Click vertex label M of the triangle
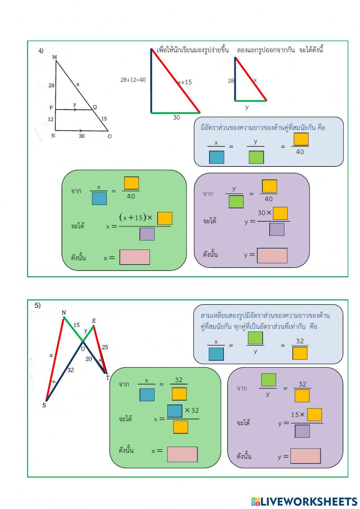(54, 57)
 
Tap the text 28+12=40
(133, 80)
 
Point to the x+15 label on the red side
(185, 82)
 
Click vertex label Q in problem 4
(95, 107)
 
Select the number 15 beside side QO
(104, 119)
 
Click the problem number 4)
(41, 51)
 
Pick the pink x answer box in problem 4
(135, 257)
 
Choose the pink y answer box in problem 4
(272, 255)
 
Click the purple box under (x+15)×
(147, 234)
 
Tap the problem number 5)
(37, 305)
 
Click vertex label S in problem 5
(44, 405)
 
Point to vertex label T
(107, 378)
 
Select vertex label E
(94, 321)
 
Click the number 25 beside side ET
(105, 347)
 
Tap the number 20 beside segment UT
(89, 359)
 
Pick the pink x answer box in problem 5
(182, 454)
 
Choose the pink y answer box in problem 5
(305, 456)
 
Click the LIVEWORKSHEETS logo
(304, 501)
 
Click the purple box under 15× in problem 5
(302, 431)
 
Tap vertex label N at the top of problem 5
(64, 312)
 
